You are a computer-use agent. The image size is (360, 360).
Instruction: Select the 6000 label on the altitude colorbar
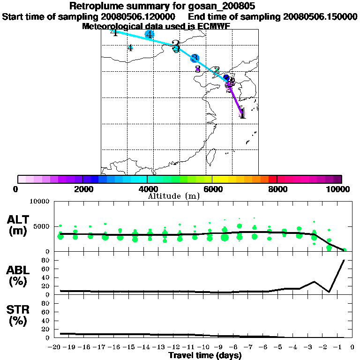[x=212, y=189]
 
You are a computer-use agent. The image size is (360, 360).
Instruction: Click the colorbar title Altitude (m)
[x=173, y=196]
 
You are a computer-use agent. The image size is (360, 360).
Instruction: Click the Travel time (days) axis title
[x=205, y=356]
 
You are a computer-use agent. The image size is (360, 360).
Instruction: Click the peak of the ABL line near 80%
[x=345, y=260]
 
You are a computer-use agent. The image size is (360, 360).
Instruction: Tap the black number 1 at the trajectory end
[x=242, y=114]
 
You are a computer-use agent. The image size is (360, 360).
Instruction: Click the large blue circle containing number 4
[x=149, y=34]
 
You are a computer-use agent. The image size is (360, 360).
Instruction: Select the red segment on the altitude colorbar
[x=272, y=179]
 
